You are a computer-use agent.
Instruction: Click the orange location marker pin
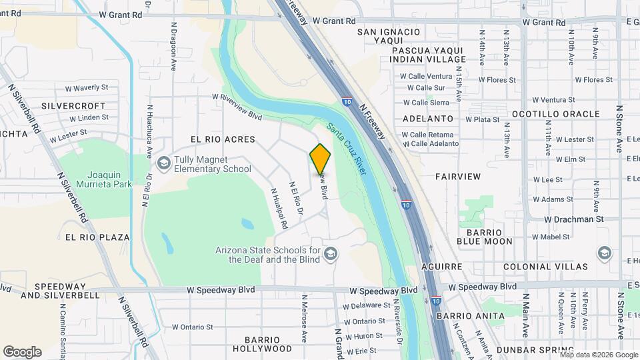click(321, 159)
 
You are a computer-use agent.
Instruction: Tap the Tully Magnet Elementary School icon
click(163, 164)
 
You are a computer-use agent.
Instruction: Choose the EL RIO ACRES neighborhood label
click(223, 139)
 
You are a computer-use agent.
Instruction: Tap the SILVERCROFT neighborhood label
click(73, 106)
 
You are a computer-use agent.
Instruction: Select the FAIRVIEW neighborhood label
click(457, 177)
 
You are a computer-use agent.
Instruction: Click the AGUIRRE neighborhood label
click(443, 266)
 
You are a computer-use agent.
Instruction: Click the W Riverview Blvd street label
click(237, 106)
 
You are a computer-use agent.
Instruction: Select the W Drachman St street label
click(573, 219)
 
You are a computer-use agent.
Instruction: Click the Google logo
click(22, 352)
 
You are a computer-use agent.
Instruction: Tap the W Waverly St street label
click(86, 88)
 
